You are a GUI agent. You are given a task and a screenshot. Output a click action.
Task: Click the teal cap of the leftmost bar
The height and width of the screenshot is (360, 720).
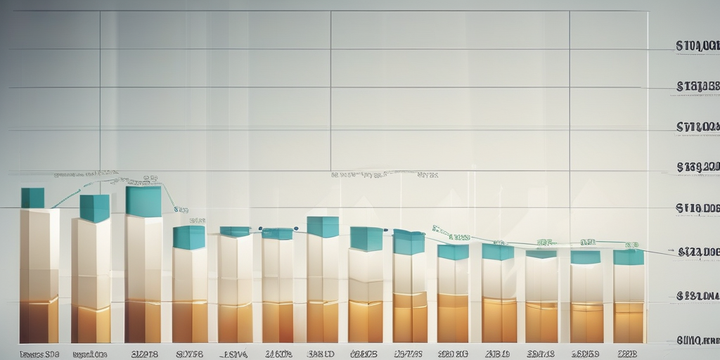point(32,198)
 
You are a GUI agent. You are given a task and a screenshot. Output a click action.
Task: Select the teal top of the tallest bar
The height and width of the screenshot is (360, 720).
point(143,201)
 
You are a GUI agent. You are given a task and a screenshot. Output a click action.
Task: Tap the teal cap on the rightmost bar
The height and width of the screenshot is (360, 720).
point(629,257)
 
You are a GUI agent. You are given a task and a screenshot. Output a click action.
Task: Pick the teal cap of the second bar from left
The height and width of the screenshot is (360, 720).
point(94,208)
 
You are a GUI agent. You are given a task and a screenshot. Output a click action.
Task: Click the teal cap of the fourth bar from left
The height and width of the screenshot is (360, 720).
point(189,238)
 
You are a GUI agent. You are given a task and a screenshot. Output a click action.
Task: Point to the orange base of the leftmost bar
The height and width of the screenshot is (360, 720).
point(39,321)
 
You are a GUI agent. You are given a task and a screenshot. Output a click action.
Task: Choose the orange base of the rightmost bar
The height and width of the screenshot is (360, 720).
point(629,323)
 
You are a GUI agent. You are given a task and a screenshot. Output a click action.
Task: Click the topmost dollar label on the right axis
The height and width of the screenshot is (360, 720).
point(697,46)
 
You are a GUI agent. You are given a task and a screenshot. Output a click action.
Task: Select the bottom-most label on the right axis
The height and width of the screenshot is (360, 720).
point(697,340)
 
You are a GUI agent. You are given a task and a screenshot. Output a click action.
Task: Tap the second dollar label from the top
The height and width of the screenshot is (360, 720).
point(697,86)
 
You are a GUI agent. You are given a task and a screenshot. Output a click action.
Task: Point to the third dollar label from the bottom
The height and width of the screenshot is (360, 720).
point(697,252)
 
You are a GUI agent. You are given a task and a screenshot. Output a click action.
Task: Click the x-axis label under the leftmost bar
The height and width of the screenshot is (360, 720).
point(39,354)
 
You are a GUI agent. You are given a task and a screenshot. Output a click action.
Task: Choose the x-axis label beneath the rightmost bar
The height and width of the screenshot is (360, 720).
point(628,354)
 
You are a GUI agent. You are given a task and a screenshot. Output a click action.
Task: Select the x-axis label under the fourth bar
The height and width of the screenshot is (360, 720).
point(190,354)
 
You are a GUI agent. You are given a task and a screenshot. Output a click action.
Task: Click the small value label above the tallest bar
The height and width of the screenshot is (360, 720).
point(150,179)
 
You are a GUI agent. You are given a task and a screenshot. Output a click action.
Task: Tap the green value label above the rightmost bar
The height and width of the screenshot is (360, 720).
point(631,245)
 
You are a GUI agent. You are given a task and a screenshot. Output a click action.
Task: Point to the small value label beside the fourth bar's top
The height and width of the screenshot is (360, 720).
point(181,210)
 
